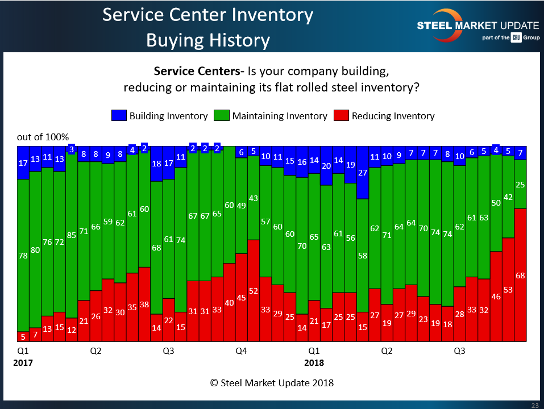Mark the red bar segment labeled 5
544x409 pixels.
click(x=23, y=336)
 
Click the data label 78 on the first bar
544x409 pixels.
click(x=23, y=256)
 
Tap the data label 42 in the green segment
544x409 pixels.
click(x=508, y=198)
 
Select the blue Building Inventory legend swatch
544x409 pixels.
click(x=119, y=116)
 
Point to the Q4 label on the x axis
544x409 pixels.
click(x=241, y=351)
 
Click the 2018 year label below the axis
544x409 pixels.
click(x=314, y=362)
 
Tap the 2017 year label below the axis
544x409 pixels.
click(x=23, y=362)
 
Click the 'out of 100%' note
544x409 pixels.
click(x=43, y=137)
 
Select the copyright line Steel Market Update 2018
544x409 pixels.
click(x=272, y=383)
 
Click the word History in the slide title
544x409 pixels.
click(x=238, y=40)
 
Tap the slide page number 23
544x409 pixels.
click(x=535, y=405)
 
